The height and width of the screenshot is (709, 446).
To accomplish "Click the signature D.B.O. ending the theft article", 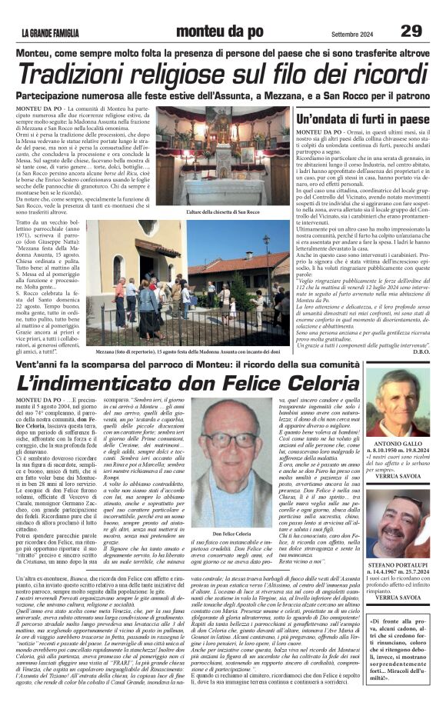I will (420, 352).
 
